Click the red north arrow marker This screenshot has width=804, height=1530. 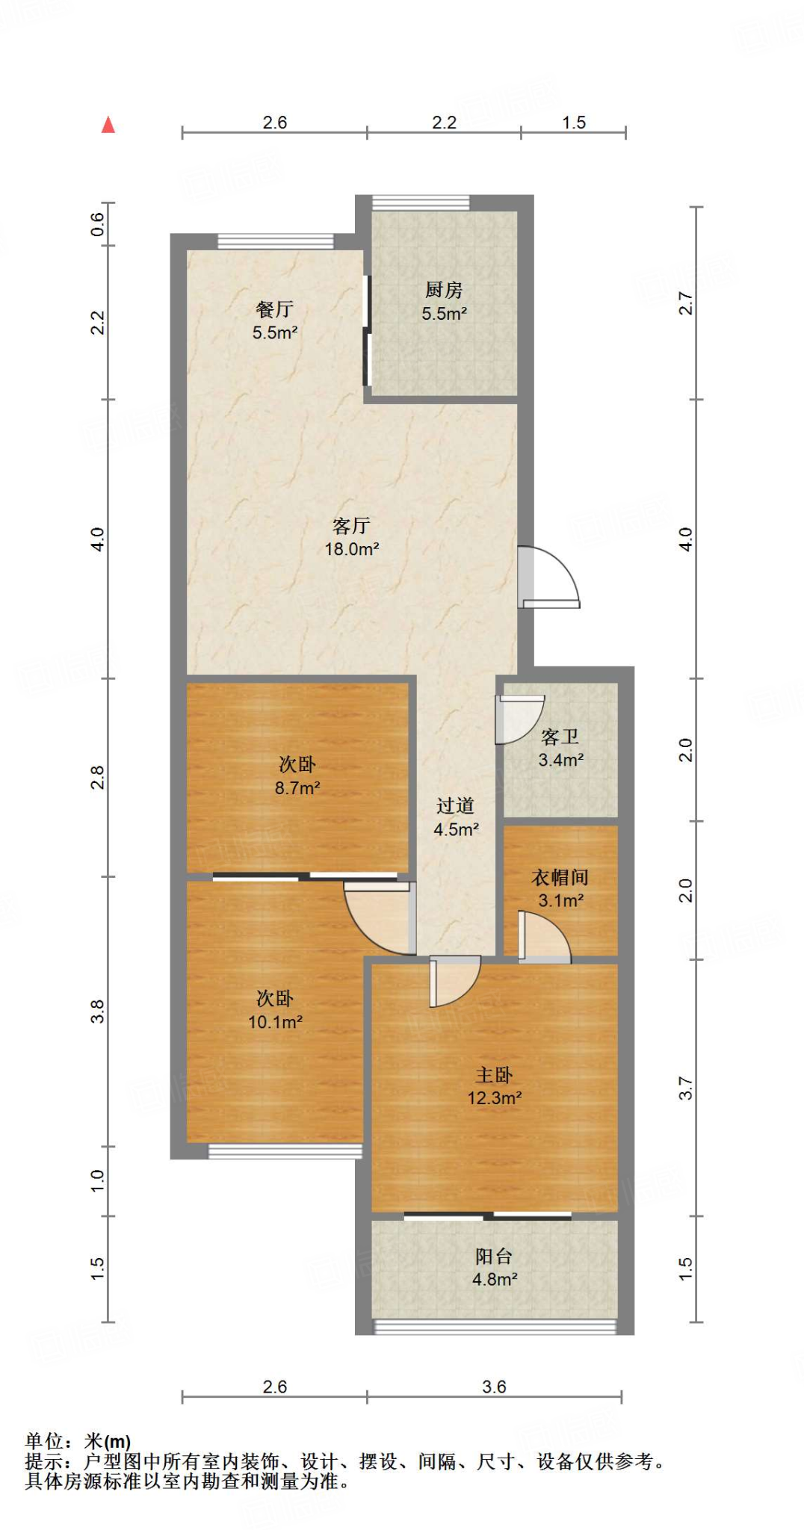coord(108,125)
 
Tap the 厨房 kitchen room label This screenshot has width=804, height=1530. coord(444,290)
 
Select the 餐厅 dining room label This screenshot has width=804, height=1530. coord(274,309)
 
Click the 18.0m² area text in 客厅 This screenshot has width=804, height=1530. coord(352,549)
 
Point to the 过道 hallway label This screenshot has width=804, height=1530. coord(455,806)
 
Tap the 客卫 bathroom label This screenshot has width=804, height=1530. coord(560,737)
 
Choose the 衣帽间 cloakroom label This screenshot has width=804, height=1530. coord(560,878)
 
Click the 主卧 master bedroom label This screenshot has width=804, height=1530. coord(494,1075)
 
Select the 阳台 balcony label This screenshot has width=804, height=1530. coord(494,1257)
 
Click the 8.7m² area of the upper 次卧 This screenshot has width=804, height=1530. coord(297,787)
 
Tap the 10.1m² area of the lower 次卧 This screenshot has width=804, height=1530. coord(275,1022)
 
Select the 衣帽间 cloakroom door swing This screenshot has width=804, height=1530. coord(545,937)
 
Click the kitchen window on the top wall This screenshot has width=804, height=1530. coord(421,202)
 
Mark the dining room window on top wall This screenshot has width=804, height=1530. coord(276,241)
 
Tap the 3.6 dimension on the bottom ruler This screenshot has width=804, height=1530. coord(494,1387)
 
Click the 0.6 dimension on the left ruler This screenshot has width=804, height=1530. coord(97,224)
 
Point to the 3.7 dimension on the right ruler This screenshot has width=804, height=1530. coord(686,1088)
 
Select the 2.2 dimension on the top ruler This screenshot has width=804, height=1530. coord(444,123)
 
